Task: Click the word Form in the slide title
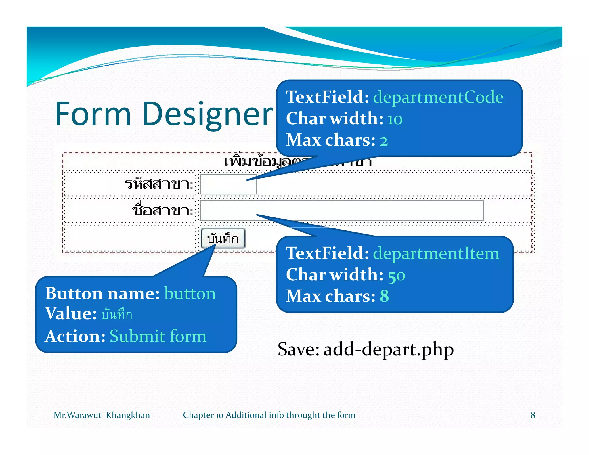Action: click(x=93, y=114)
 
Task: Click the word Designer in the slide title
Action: click(x=207, y=114)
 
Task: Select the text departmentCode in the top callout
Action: click(x=438, y=97)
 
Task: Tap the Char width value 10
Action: click(x=395, y=119)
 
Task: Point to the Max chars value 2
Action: click(x=384, y=141)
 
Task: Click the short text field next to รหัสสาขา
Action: click(x=228, y=184)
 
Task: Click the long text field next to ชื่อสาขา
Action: click(x=341, y=211)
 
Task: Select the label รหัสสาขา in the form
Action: click(x=158, y=184)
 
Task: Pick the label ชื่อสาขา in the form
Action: click(x=162, y=210)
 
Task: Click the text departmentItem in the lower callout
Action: click(x=436, y=253)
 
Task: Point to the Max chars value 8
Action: click(x=384, y=296)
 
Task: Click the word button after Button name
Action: click(x=190, y=294)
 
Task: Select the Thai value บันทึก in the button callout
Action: click(x=116, y=314)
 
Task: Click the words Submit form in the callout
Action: click(x=158, y=336)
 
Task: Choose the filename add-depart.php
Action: click(x=388, y=349)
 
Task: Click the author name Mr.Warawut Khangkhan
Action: click(x=102, y=415)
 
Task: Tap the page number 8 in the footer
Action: click(x=533, y=415)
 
